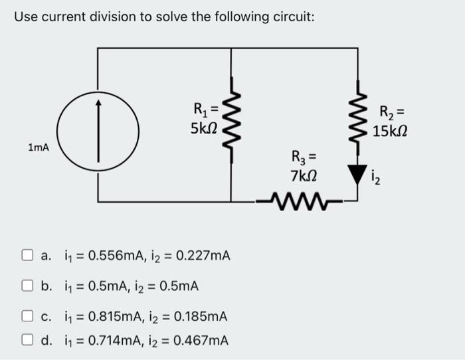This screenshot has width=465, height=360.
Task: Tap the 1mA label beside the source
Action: coord(39,147)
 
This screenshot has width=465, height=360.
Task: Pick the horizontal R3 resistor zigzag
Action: coord(298,200)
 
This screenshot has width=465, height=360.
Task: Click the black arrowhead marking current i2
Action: coord(359,174)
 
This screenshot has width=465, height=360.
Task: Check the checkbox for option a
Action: coord(27,255)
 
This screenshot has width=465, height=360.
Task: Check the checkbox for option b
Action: coord(27,286)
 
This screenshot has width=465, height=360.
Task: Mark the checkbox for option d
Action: coord(27,341)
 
